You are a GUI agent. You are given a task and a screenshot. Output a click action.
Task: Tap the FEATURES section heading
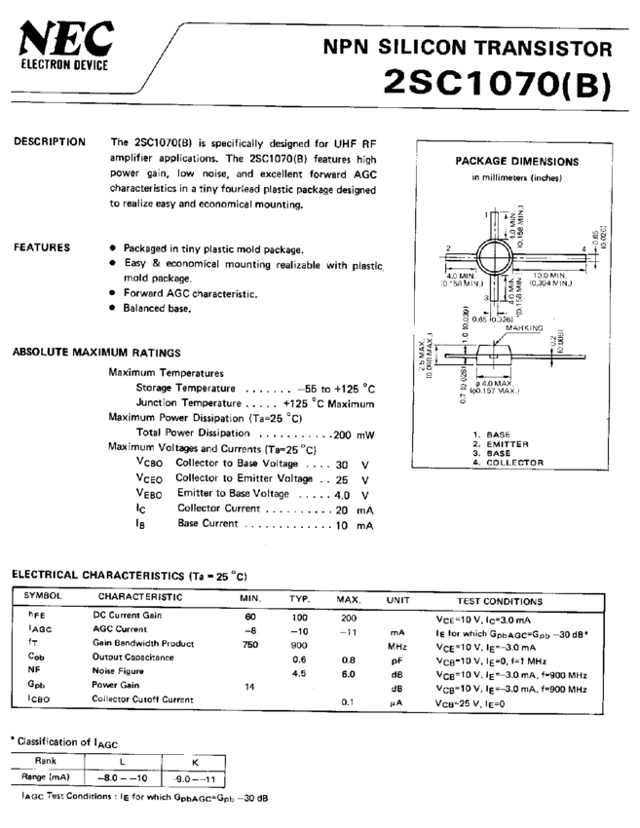[42, 248]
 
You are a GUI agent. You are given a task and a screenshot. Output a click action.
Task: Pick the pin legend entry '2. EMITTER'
[502, 443]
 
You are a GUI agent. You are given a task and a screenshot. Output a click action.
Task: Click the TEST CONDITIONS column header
[500, 601]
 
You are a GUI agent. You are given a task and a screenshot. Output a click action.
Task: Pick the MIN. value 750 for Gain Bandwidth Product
[250, 644]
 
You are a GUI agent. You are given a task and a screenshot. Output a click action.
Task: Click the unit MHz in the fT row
[396, 645]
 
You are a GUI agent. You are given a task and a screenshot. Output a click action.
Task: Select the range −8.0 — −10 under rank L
[124, 777]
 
